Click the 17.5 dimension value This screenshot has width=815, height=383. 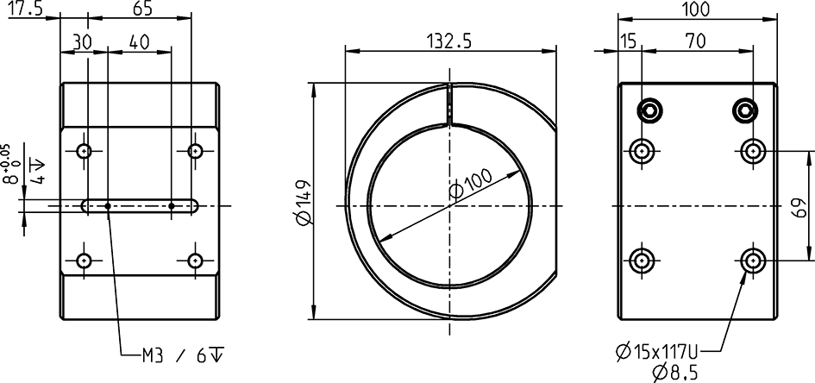pyautogui.click(x=27, y=9)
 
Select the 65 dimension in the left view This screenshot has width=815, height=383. pyautogui.click(x=144, y=9)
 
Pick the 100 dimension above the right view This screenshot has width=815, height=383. pyautogui.click(x=694, y=9)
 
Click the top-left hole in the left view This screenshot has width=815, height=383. pyautogui.click(x=84, y=151)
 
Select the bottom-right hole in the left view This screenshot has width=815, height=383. pyautogui.click(x=196, y=261)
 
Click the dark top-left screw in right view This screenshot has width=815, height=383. pyautogui.click(x=649, y=110)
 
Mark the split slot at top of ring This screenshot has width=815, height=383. pyautogui.click(x=448, y=105)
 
